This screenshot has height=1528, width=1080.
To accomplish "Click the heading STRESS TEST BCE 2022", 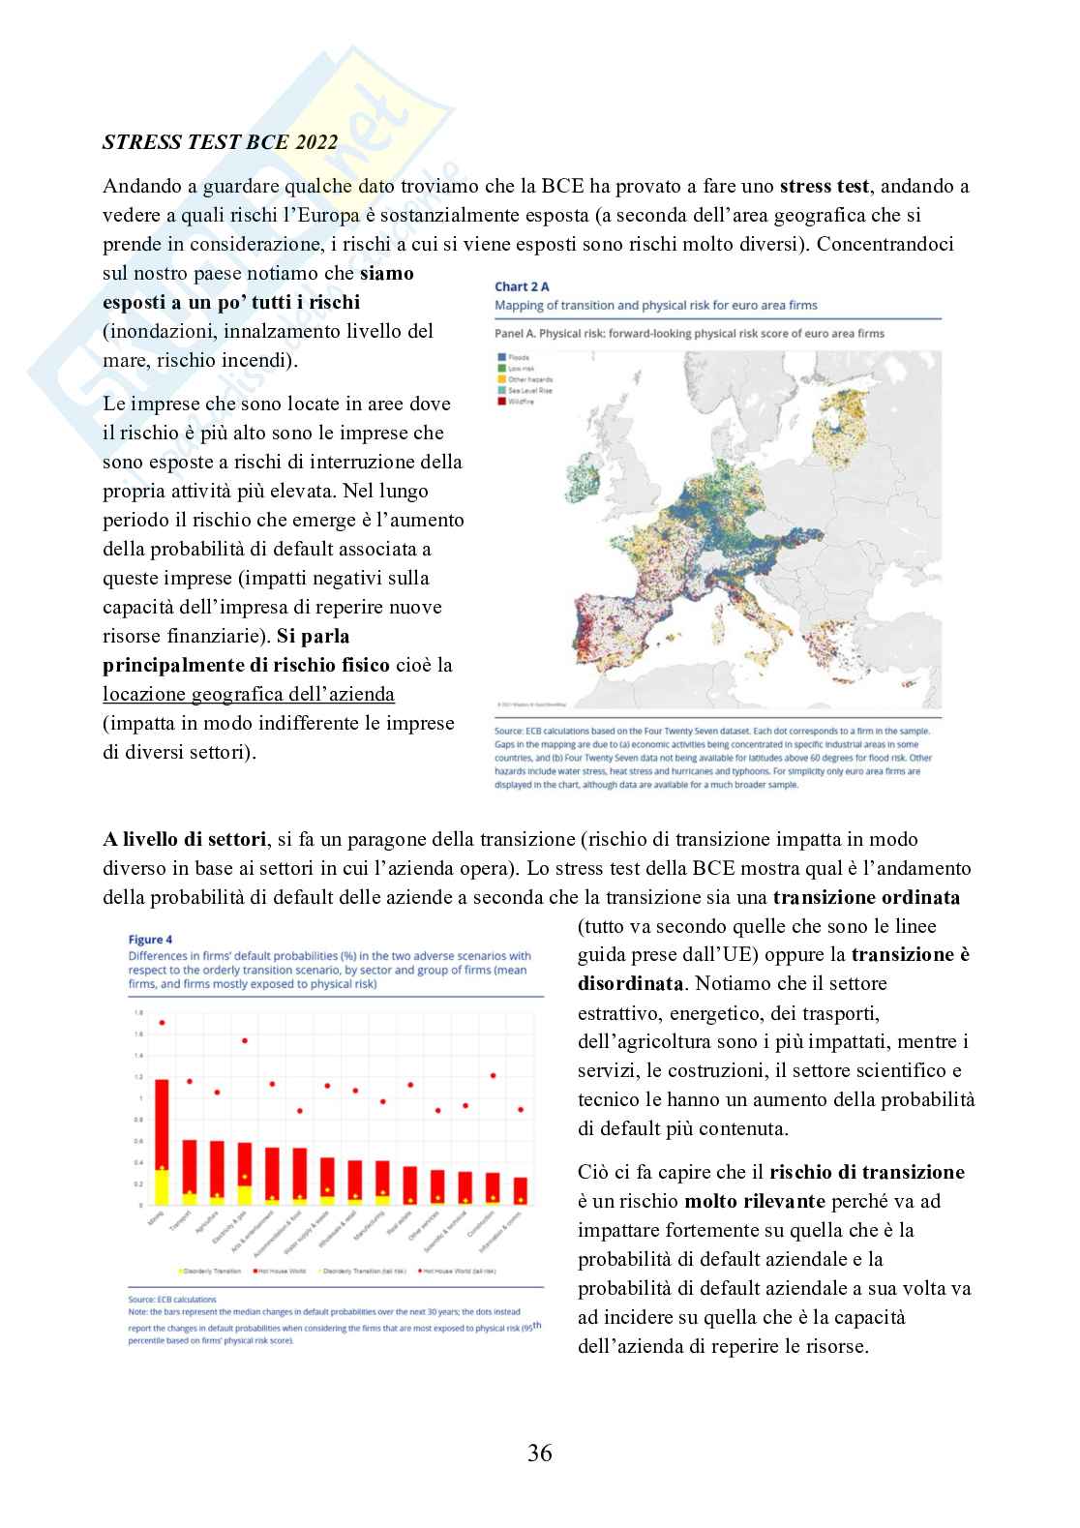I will point(220,142).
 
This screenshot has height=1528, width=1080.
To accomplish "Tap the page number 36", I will point(540,1453).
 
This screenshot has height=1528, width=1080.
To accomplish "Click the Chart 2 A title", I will point(522,286).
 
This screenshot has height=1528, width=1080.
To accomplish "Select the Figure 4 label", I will point(150,939).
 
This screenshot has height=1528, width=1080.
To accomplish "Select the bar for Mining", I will point(162,1142).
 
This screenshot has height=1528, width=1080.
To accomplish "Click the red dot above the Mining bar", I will point(162,1022).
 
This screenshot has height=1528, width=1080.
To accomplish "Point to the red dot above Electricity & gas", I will point(245,1041).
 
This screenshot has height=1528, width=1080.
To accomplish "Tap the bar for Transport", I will point(190,1172).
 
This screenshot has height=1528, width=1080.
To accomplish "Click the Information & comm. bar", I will point(521,1191).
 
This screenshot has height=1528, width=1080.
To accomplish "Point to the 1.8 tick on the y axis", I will point(138,1013).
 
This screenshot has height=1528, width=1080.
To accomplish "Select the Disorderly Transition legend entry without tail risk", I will point(209,1271).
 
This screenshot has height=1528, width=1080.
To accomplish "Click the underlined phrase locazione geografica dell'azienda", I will point(249,694).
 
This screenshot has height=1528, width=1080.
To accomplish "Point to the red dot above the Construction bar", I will point(493,1075).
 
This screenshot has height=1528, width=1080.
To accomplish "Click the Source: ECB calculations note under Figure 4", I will point(172,1300).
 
